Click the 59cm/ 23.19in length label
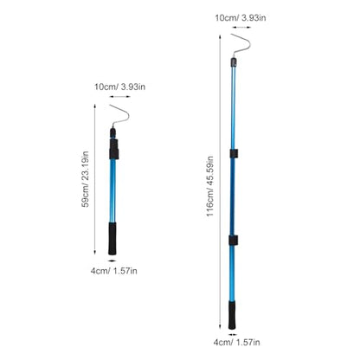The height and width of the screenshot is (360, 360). click(x=86, y=179)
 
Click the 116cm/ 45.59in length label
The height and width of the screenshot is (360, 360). click(x=210, y=187)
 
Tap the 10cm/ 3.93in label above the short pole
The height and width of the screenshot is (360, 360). click(x=119, y=87)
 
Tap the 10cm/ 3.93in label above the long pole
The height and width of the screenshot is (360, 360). click(x=241, y=17)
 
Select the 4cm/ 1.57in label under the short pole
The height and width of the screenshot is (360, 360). click(x=114, y=271)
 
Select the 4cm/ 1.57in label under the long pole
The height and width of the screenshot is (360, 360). click(x=236, y=343)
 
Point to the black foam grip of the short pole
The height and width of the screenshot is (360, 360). click(x=112, y=239)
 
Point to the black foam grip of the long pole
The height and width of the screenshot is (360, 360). click(x=232, y=315)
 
